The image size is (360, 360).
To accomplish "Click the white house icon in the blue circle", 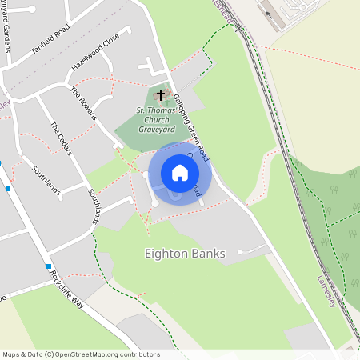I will coord(180,173).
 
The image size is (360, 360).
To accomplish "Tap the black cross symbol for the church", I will coord(161,94).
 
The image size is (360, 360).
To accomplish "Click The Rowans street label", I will coord(83,103).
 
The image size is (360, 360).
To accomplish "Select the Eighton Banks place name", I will coord(185,254).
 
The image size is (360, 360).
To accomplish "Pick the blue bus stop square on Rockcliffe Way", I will coord(49,266).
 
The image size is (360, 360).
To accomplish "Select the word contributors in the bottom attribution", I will coord(136,354).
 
